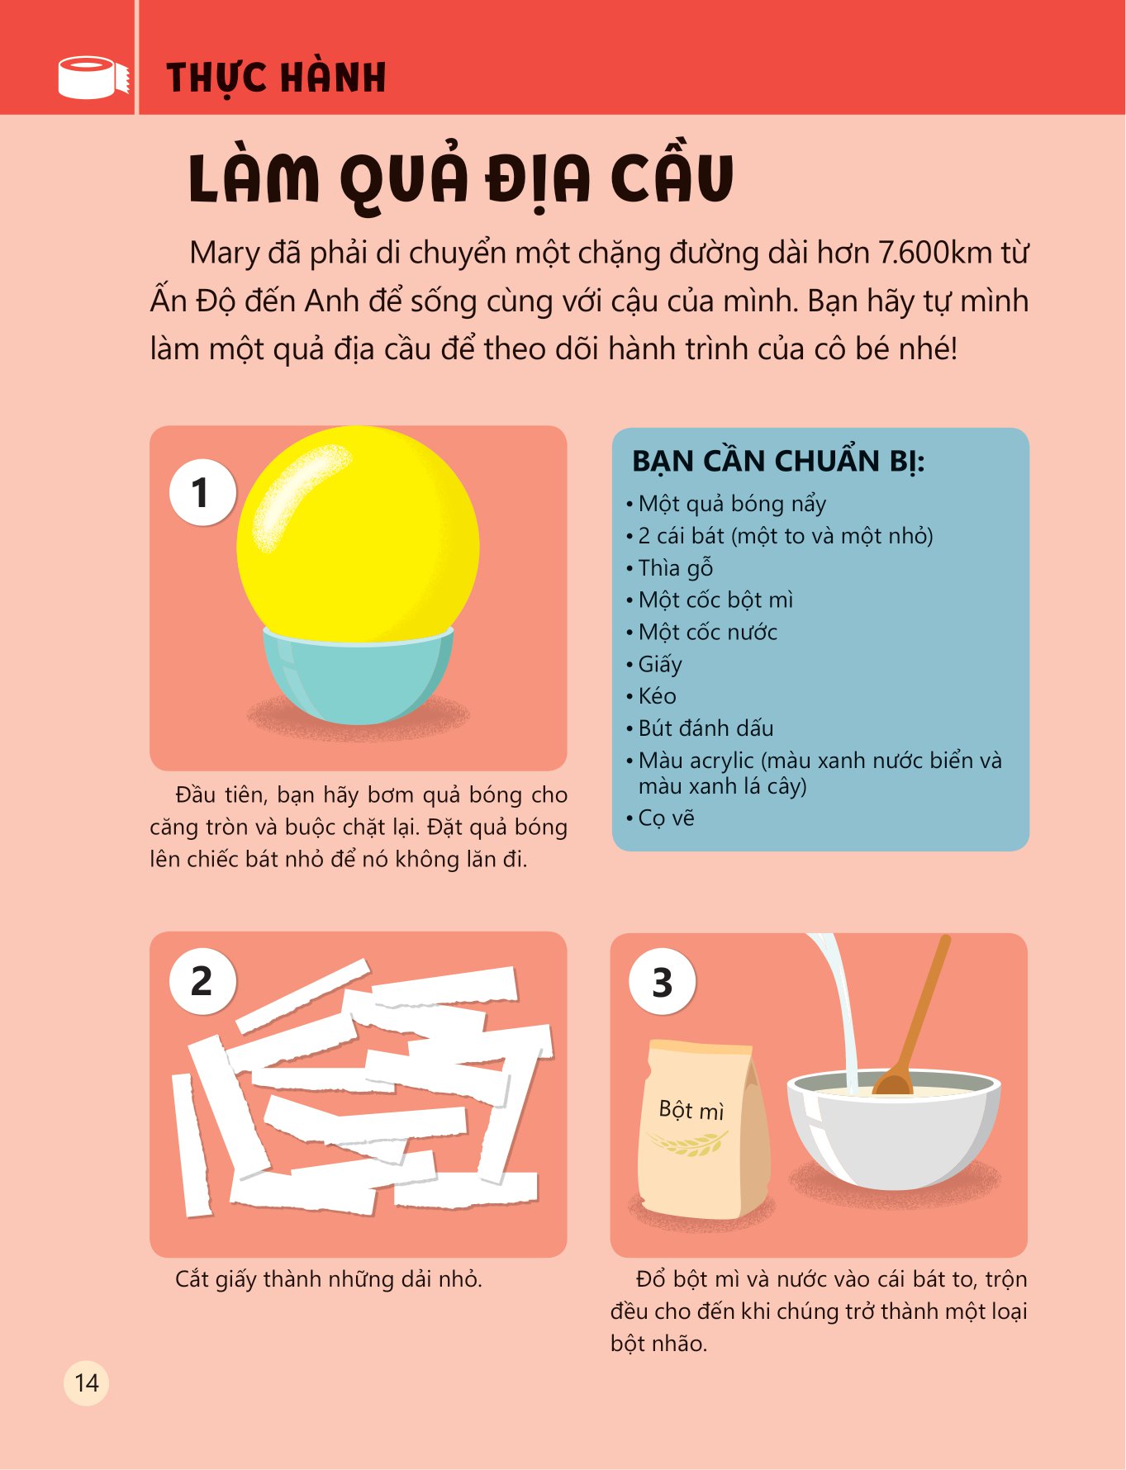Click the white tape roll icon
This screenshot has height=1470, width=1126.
tap(93, 77)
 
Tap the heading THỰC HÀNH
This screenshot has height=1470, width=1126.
tap(276, 78)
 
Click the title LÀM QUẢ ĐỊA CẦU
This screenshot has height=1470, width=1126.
tap(461, 178)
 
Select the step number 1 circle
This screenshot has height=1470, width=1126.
tap(202, 492)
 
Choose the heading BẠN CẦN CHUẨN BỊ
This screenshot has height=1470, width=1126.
tap(778, 462)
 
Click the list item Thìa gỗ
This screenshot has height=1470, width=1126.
tap(675, 568)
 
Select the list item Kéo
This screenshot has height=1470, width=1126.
tap(657, 696)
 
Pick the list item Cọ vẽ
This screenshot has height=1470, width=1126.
tap(666, 818)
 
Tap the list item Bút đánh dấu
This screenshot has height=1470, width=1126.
tap(706, 728)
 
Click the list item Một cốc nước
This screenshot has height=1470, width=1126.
tap(707, 633)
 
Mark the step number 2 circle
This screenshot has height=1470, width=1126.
tap(202, 981)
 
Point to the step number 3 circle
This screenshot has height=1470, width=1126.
tap(662, 983)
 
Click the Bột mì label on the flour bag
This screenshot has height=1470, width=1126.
tap(691, 1110)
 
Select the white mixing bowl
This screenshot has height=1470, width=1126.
tap(894, 1128)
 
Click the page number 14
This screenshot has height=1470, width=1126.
tap(87, 1382)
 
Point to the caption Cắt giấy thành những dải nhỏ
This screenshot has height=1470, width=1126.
tap(328, 1280)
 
